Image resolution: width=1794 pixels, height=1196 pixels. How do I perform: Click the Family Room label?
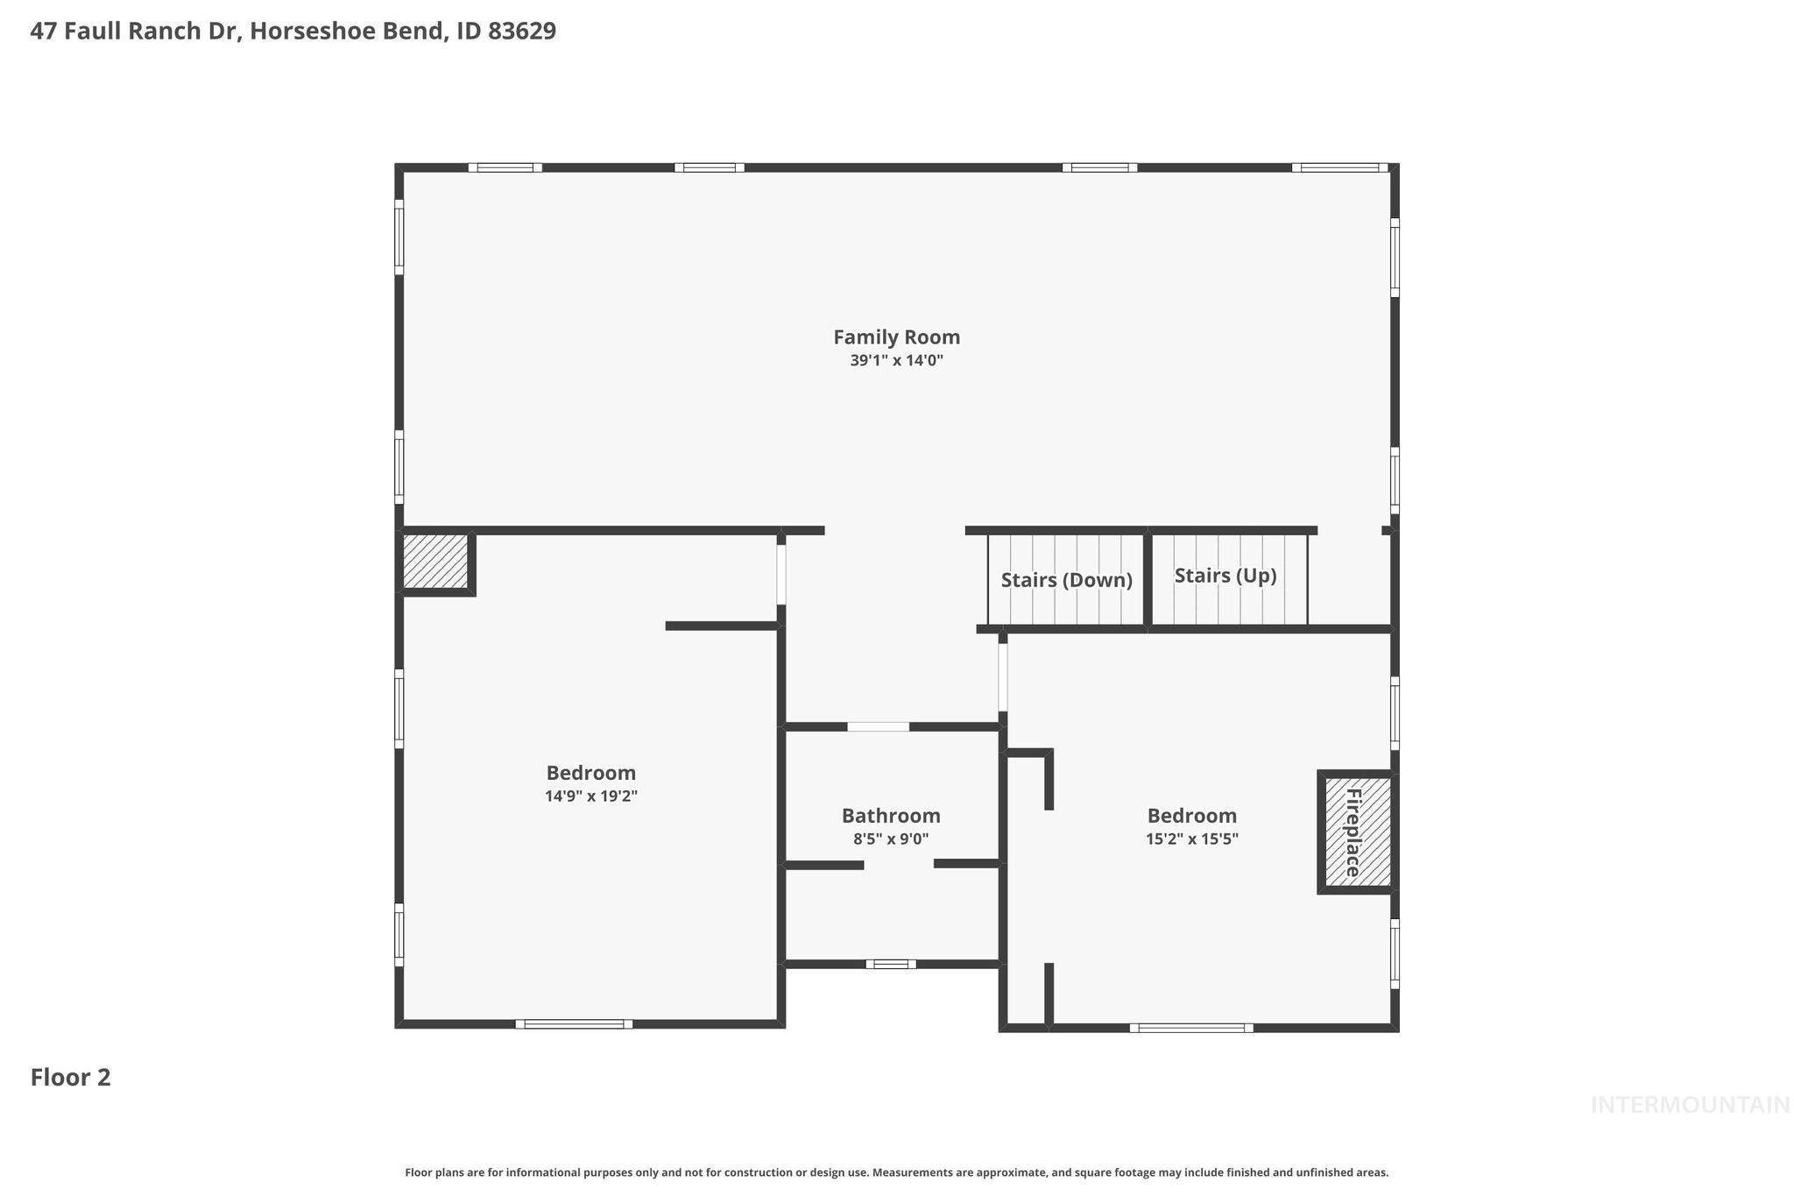pos(896,337)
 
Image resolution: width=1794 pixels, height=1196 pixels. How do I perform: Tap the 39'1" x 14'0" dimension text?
pos(896,360)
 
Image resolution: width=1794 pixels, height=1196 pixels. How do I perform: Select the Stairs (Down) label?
pos(1066,580)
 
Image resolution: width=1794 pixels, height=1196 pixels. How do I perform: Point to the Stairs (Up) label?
pos(1225,576)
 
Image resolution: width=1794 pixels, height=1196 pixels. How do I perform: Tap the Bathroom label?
pos(891,816)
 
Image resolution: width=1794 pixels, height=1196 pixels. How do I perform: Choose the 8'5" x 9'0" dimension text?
pos(891,839)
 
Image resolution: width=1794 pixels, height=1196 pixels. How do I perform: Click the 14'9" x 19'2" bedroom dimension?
pos(590,796)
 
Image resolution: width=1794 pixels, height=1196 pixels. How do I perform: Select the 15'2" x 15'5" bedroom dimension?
pos(1191,839)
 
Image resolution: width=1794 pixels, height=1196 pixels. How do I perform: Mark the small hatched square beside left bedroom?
pos(435,562)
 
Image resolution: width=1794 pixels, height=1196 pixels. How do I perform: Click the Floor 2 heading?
pos(70,1078)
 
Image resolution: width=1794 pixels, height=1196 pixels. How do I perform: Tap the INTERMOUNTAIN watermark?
pos(1690,1106)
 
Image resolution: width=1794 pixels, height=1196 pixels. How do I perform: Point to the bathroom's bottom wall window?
pos(891,964)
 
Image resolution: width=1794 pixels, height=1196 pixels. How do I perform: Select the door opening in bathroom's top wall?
pos(878,726)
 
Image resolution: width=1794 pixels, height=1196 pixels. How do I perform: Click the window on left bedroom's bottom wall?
pos(574,1023)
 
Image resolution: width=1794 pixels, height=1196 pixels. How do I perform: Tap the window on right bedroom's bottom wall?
pos(1190,1028)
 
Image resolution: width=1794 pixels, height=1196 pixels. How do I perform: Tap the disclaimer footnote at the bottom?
pos(896,1172)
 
